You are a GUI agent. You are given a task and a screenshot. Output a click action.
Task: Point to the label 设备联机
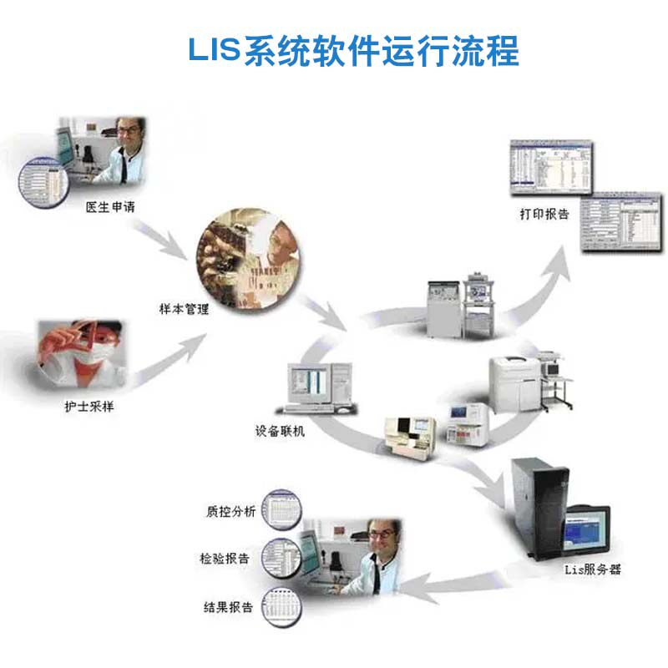(280, 433)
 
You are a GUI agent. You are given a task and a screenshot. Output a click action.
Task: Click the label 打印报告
(544, 215)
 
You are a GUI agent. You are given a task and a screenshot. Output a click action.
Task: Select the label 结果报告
(227, 607)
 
